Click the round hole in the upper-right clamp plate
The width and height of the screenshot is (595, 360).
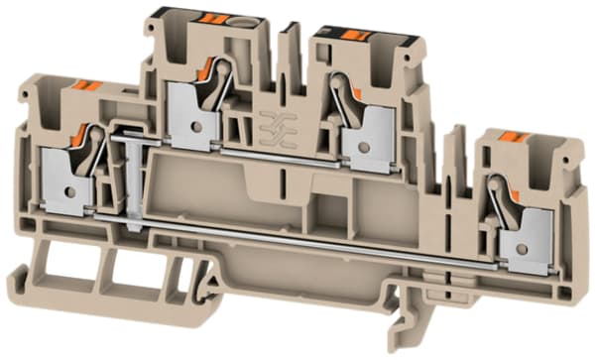tap(365, 147)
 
